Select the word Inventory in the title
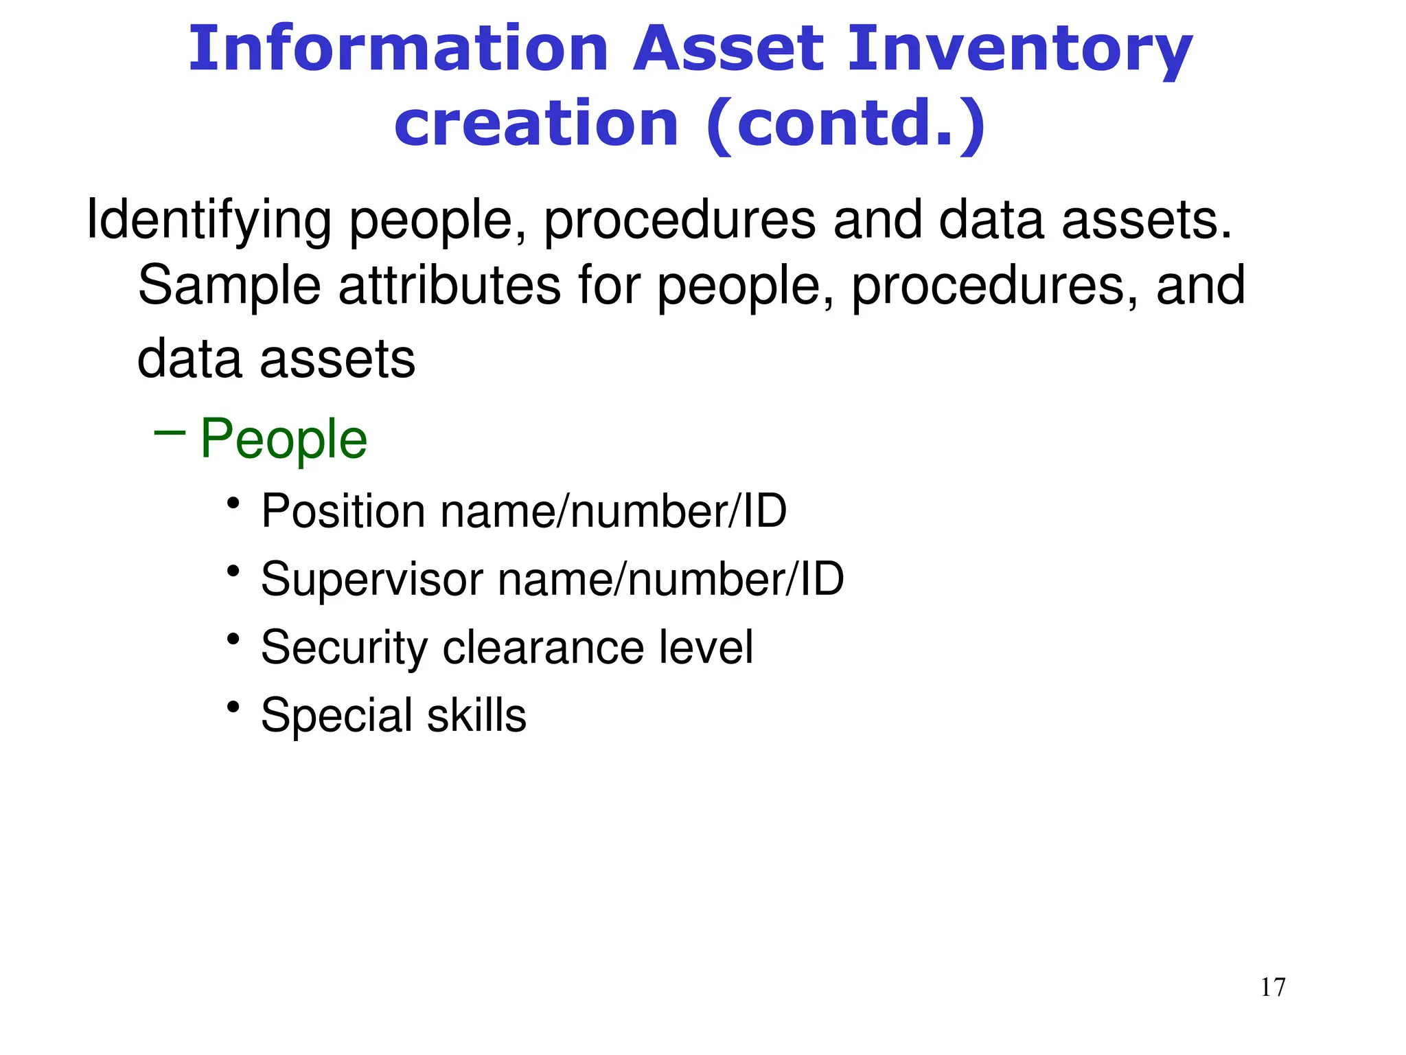point(1020,49)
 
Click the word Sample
point(229,286)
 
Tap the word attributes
point(449,286)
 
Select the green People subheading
point(284,440)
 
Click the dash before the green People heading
point(170,433)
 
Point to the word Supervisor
point(371,579)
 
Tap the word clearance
point(543,647)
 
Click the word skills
point(476,715)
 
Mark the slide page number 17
point(1273,987)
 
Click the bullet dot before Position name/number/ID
point(233,503)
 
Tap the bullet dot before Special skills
point(233,707)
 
